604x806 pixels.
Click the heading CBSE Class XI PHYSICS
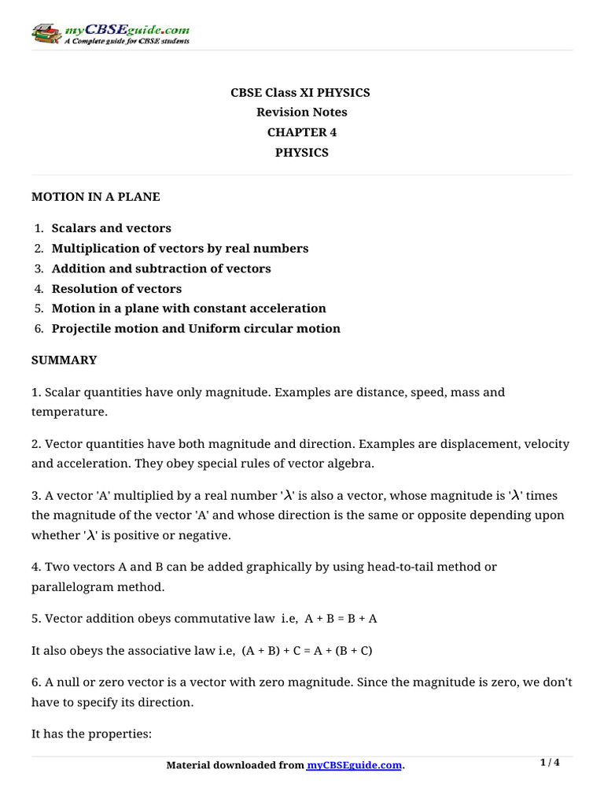[x=301, y=93]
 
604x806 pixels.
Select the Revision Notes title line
[x=301, y=113]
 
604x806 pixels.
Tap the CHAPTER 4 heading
[x=301, y=132]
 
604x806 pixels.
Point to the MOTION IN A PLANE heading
[x=95, y=197]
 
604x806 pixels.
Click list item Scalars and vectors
[x=111, y=228]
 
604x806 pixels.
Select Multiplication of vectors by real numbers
[x=179, y=249]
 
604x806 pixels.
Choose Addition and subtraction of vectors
[x=160, y=268]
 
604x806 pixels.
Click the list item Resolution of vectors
[x=116, y=289]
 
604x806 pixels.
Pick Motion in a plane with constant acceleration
[x=188, y=309]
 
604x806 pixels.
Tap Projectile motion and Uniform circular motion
[x=196, y=329]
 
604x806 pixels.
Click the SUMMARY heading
[x=64, y=360]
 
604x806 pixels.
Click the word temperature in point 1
[x=67, y=412]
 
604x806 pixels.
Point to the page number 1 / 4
[x=550, y=763]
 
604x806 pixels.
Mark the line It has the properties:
[x=90, y=734]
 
